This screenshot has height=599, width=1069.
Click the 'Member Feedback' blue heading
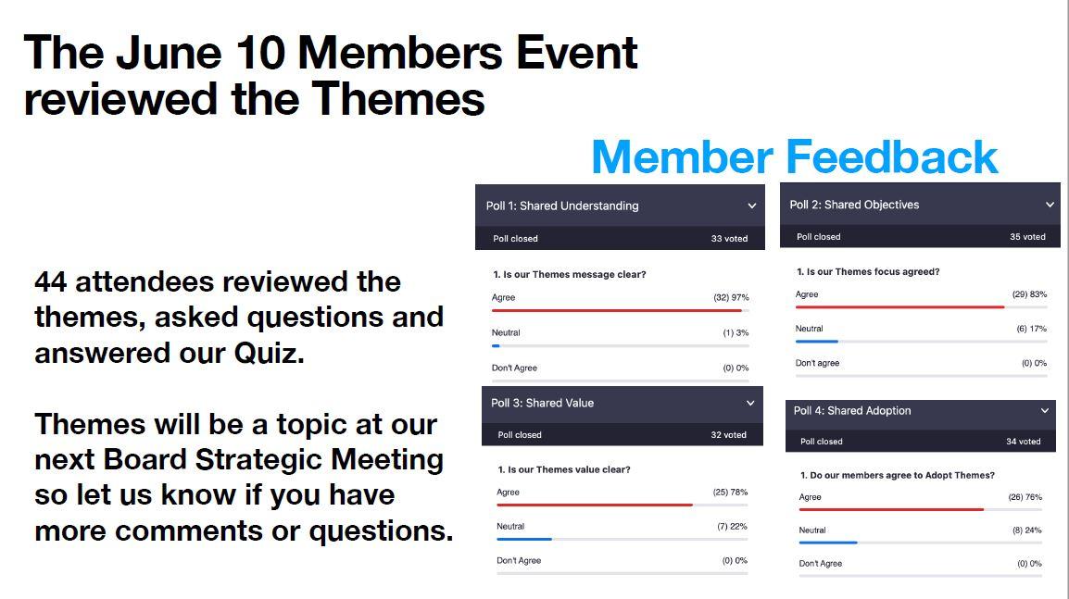tap(794, 156)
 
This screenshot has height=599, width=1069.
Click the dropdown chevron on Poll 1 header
tap(751, 206)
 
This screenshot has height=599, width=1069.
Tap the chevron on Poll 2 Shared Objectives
tap(1050, 205)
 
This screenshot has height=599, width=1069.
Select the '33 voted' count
tap(729, 239)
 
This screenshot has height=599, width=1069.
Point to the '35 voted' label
tap(1027, 236)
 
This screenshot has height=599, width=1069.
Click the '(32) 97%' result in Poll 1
tap(731, 297)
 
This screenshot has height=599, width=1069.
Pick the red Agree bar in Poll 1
tap(616, 311)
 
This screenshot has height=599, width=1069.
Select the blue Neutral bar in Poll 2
tap(817, 342)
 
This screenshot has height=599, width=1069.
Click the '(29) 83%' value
tap(1029, 294)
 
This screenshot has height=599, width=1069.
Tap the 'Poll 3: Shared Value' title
tap(542, 403)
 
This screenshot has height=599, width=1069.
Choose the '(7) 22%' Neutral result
tap(732, 526)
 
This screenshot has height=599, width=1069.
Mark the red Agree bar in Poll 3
tap(595, 505)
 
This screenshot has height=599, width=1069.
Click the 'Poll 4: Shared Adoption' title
tap(851, 410)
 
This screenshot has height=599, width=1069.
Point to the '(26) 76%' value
tap(1025, 497)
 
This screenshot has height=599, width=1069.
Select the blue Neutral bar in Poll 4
tap(828, 543)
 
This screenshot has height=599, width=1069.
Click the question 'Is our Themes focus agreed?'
tap(873, 271)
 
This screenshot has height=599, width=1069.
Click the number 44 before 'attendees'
tap(50, 281)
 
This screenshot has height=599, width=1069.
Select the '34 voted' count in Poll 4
tap(1024, 441)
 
